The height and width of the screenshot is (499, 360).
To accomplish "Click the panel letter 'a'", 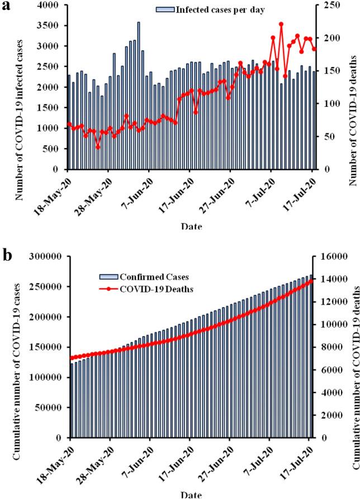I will coord(7,10).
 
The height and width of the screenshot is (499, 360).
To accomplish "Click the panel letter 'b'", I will coord(8,256).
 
